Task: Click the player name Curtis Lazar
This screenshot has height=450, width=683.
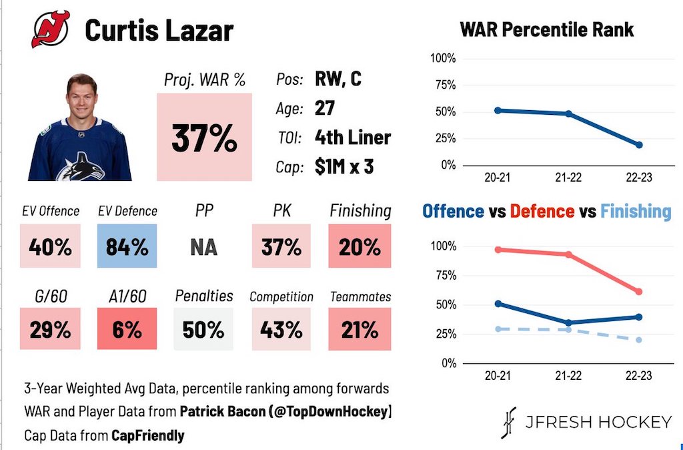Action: [x=159, y=31]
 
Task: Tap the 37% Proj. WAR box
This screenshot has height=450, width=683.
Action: [x=204, y=138]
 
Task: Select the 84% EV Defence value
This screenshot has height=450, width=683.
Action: [x=127, y=247]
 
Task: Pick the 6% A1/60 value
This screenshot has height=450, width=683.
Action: [x=127, y=329]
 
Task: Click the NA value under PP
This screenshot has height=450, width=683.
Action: [x=203, y=247]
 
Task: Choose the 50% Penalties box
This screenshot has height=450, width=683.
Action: [x=203, y=329]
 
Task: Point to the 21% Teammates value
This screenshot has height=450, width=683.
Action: [x=360, y=329]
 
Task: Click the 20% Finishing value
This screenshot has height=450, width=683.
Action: [x=360, y=247]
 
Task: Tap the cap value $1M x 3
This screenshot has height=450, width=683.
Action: [x=344, y=166]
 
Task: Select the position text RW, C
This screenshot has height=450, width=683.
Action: [x=338, y=79]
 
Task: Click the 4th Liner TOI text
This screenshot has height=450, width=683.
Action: [x=352, y=138]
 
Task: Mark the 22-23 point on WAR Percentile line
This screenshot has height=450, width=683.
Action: [x=639, y=145]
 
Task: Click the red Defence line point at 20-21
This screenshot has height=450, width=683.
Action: [x=498, y=250]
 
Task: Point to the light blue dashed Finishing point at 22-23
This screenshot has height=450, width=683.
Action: [x=639, y=340]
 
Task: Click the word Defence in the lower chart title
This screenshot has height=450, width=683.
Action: [x=542, y=212]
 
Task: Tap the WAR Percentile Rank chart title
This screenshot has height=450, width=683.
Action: [x=547, y=30]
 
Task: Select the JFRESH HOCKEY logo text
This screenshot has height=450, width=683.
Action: [x=597, y=422]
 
